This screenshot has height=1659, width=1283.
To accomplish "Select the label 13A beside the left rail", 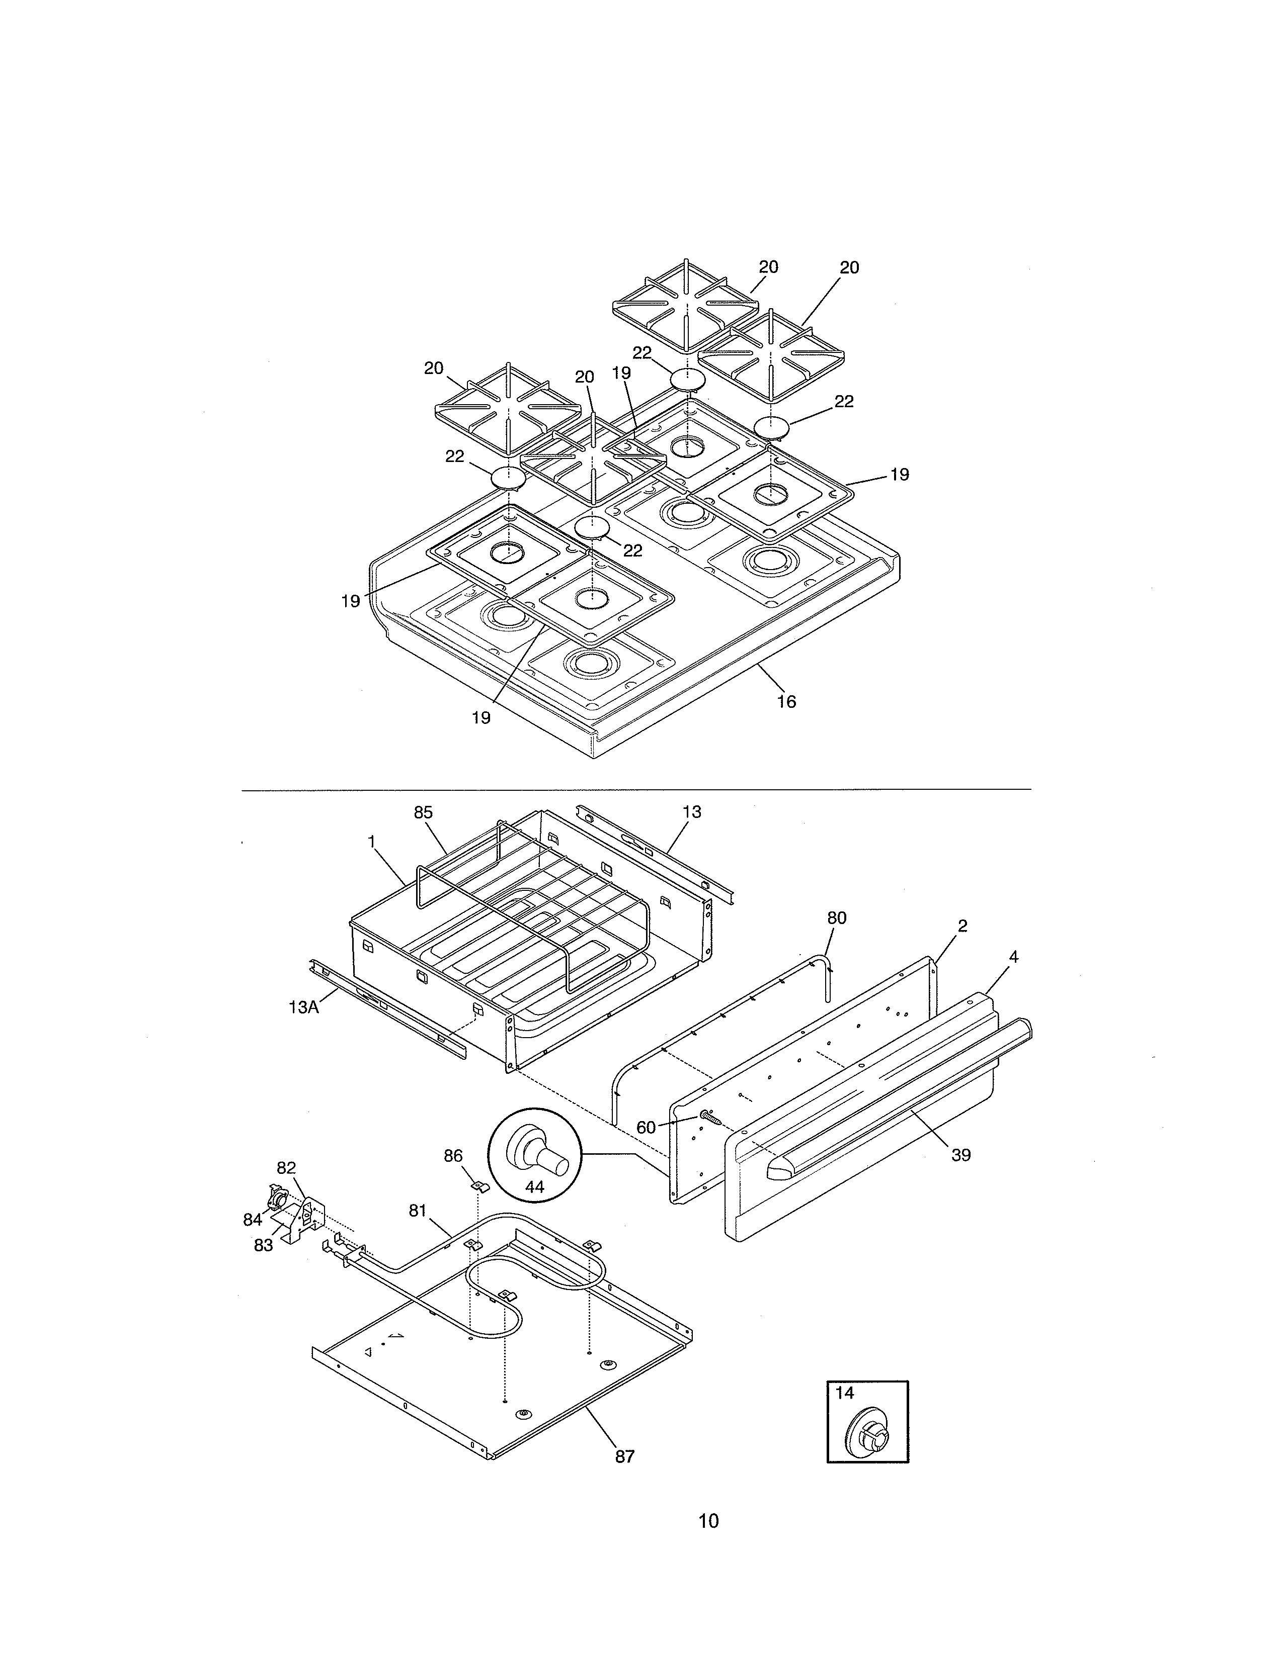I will pyautogui.click(x=303, y=1007).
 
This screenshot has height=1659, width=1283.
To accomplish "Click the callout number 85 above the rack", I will pyautogui.click(x=423, y=812).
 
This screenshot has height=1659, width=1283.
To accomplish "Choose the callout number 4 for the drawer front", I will pyautogui.click(x=1013, y=957).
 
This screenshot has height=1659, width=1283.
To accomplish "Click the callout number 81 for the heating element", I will pyautogui.click(x=418, y=1211).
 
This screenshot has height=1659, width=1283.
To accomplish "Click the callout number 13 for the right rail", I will pyautogui.click(x=692, y=812).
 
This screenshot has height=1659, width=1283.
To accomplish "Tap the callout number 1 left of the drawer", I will pyautogui.click(x=372, y=841).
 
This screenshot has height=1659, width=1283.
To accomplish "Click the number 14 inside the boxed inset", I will pyautogui.click(x=844, y=1393).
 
